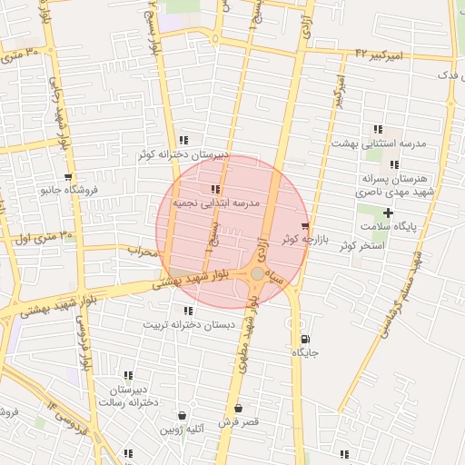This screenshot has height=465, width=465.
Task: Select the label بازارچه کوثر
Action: pyautogui.click(x=302, y=239)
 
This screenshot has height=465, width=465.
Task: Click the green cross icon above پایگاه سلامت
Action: pyautogui.click(x=389, y=213)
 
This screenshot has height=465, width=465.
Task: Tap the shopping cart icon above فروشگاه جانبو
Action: pyautogui.click(x=68, y=177)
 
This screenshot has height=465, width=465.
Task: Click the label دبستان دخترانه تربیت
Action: pyautogui.click(x=189, y=324)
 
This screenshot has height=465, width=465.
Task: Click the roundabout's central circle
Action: pyautogui.click(x=259, y=273)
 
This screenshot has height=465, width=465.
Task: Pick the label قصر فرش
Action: pyautogui.click(x=238, y=422)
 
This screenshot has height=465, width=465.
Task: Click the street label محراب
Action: pyautogui.click(x=143, y=251)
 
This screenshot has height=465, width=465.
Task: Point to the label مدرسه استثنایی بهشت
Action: pyautogui.click(x=371, y=143)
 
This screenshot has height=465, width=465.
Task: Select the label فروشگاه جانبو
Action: pyautogui.click(x=68, y=191)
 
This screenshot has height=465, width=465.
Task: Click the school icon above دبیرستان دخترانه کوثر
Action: pyautogui.click(x=184, y=140)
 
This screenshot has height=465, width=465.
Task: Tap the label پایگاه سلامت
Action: pyautogui.click(x=389, y=226)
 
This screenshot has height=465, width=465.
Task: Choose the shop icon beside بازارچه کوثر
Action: pyautogui.click(x=304, y=226)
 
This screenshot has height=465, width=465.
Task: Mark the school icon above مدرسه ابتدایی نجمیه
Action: pyautogui.click(x=215, y=190)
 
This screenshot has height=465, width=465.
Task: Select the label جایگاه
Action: pyautogui.click(x=303, y=351)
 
